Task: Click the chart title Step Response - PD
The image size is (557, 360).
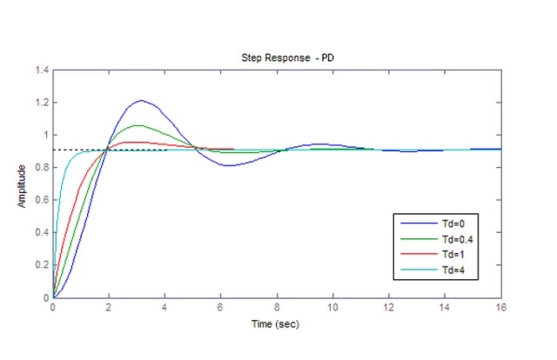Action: (276, 57)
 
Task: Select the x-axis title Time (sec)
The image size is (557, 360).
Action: (276, 324)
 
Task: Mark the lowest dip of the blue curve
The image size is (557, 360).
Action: (228, 165)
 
